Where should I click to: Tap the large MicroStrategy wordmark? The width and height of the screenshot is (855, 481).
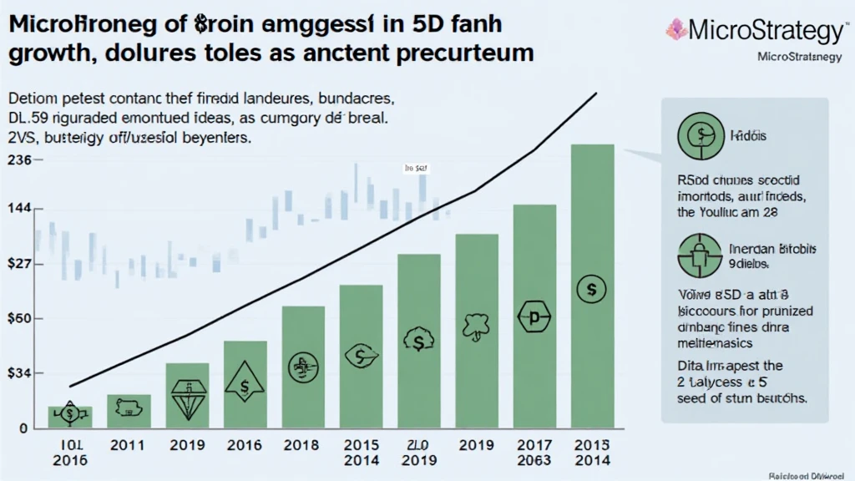[766, 32]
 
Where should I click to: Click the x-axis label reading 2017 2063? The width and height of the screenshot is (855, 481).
[534, 451]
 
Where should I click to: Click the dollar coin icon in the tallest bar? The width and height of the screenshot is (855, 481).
[591, 289]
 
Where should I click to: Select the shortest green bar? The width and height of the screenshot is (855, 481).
[70, 417]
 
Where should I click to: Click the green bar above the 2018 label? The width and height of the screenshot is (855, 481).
[303, 367]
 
